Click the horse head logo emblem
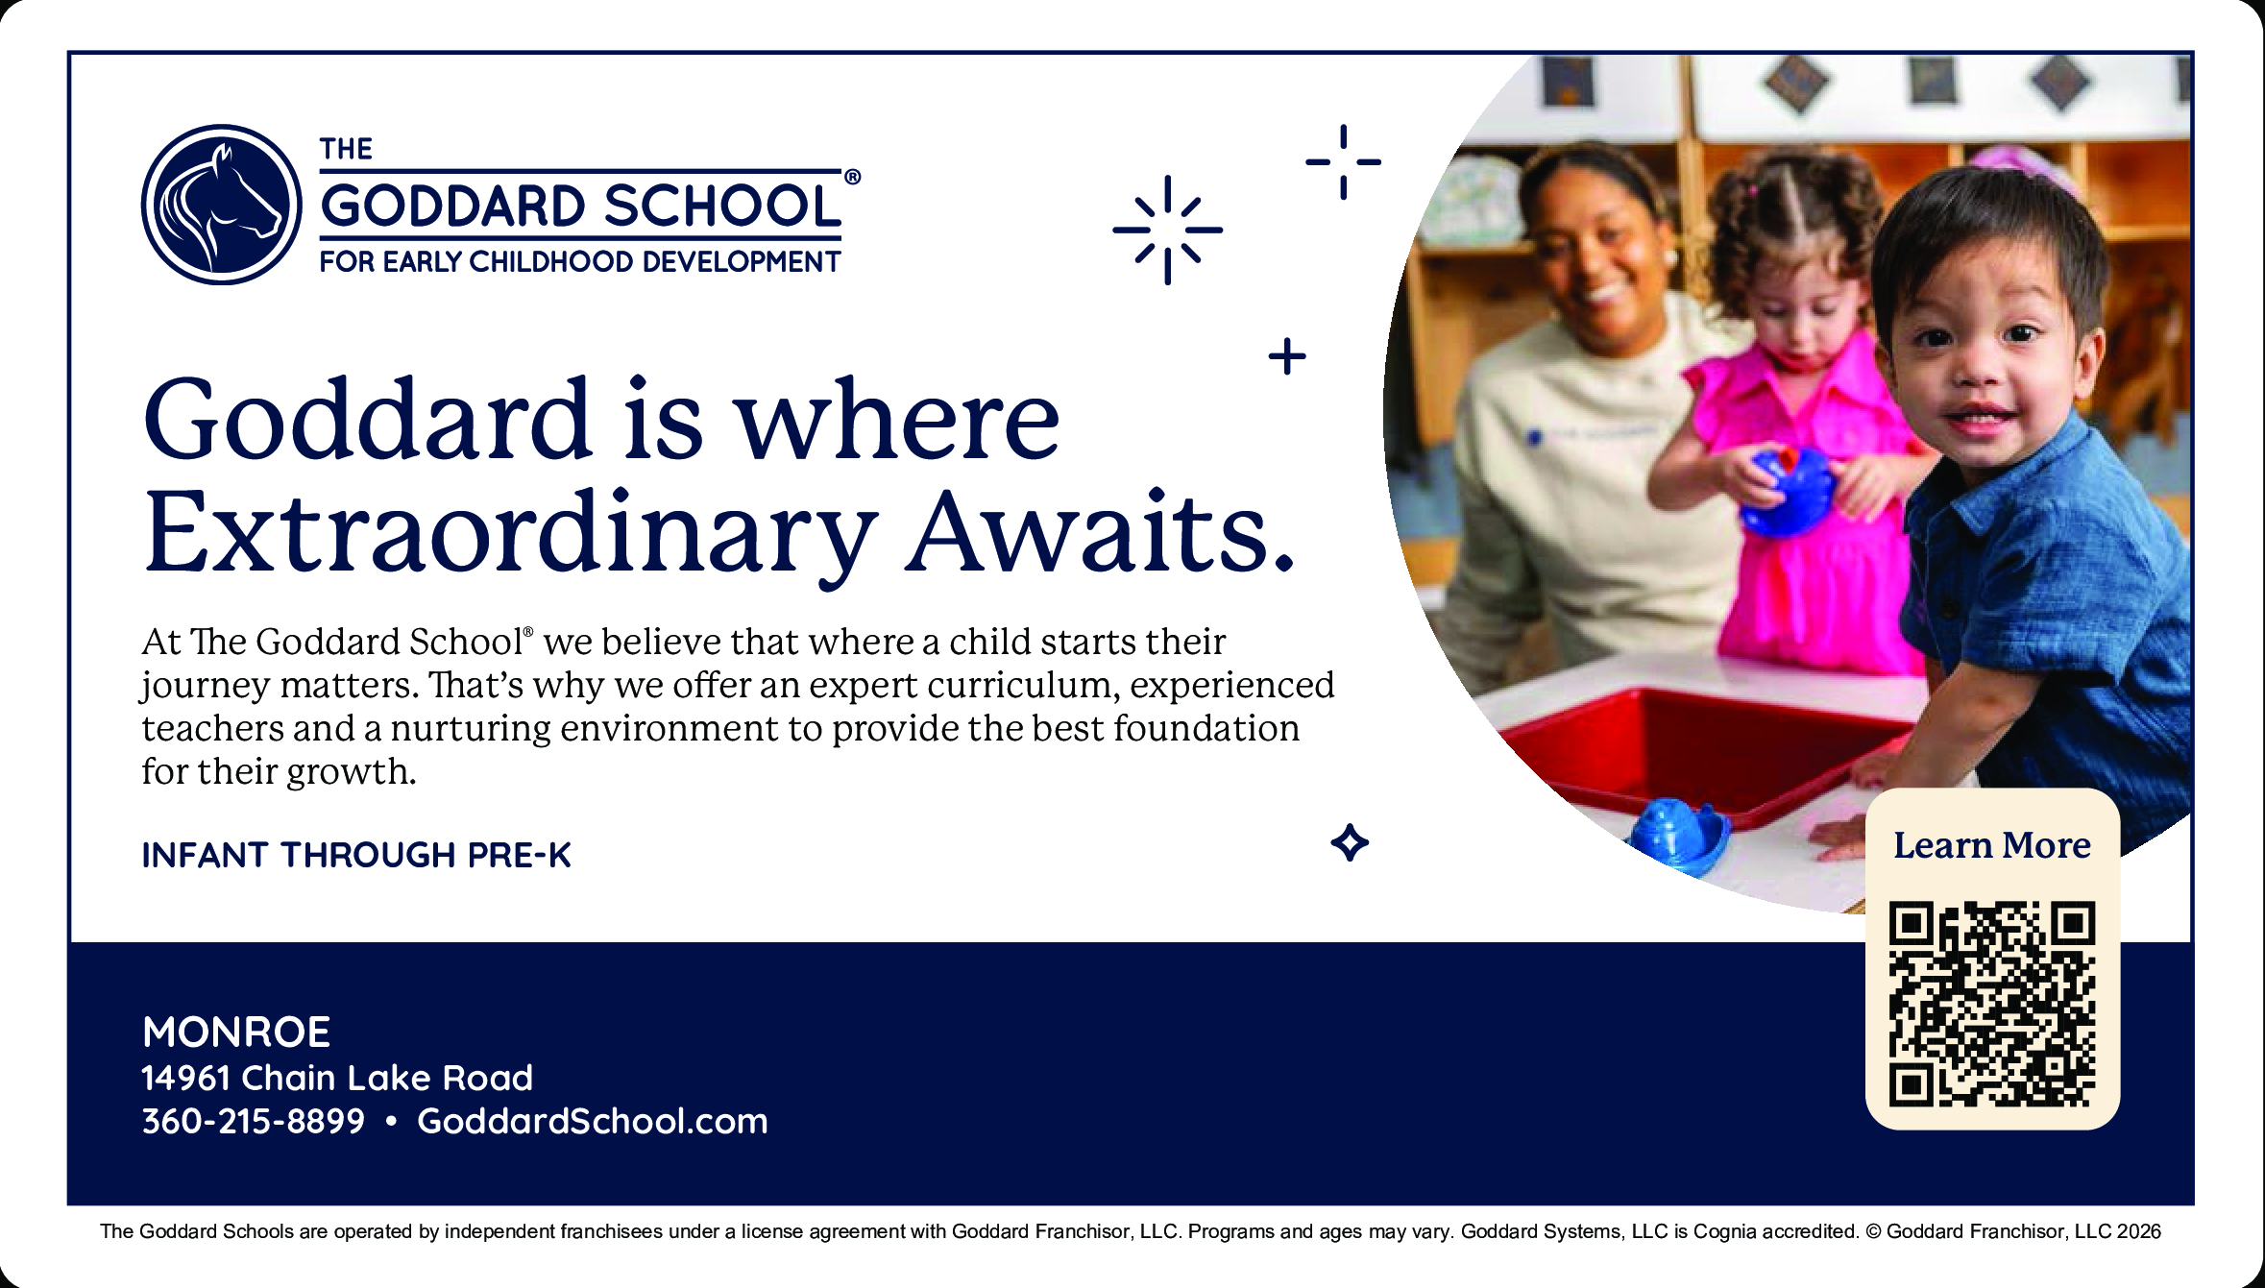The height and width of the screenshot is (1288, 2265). [x=222, y=205]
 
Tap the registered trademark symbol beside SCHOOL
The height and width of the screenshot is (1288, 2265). [x=852, y=177]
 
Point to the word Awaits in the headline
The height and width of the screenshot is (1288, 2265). [x=1101, y=531]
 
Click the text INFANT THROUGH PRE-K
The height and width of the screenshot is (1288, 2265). [x=356, y=855]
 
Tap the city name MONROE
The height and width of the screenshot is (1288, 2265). [x=236, y=1033]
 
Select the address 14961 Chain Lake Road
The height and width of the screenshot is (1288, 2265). [x=337, y=1078]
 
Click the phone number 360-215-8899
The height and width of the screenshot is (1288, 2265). [x=254, y=1121]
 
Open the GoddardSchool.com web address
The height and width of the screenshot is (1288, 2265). [x=593, y=1121]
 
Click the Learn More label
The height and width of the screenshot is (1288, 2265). [x=1992, y=845]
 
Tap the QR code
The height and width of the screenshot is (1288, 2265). [x=1992, y=1005]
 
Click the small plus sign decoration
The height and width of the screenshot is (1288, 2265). [x=1287, y=356]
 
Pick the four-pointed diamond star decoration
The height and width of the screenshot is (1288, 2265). [x=1350, y=842]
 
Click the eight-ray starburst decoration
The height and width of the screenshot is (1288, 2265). [x=1167, y=230]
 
